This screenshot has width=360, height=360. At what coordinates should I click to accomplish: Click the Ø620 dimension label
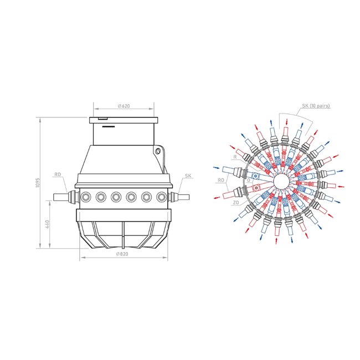pos(124,106)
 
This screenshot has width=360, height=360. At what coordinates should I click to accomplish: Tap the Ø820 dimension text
pos(122,254)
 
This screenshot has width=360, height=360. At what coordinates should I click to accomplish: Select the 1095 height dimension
pos(38,183)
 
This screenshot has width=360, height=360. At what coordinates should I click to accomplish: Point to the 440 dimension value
pos(47,224)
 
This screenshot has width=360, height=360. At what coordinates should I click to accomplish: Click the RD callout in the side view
pos(58,174)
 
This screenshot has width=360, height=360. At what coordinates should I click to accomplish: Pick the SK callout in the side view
pos(188,176)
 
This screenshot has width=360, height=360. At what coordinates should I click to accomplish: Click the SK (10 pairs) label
pos(316,106)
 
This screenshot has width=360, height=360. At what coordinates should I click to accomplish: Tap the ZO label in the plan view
pos(236,203)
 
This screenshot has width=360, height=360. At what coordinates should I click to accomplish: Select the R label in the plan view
pos(235,157)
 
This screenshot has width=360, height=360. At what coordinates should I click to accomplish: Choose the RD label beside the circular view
pos(221,180)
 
